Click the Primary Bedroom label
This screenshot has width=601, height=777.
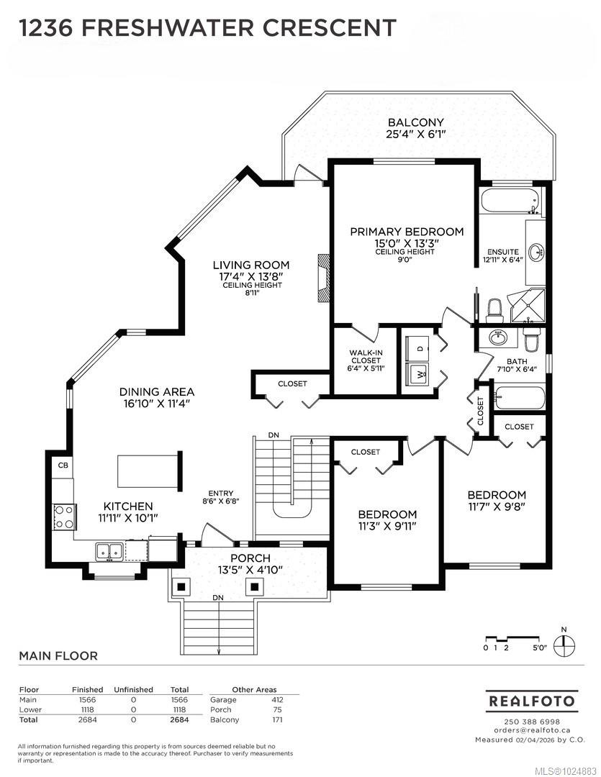click(x=407, y=232)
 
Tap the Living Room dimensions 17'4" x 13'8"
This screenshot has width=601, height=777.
click(x=251, y=276)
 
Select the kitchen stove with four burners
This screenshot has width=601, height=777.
click(x=64, y=517)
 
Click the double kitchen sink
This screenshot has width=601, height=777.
click(x=109, y=551)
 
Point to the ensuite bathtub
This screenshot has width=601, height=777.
click(x=510, y=201)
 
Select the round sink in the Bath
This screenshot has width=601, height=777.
click(x=497, y=338)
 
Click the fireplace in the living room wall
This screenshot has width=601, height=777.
click(x=323, y=278)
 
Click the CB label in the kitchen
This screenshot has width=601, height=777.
click(x=63, y=465)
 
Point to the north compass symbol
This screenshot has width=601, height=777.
click(x=564, y=642)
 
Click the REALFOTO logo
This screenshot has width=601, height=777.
click(x=531, y=701)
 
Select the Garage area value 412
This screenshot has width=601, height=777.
click(x=277, y=700)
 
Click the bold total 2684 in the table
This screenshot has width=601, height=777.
click(x=179, y=719)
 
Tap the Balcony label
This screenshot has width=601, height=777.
click(x=415, y=122)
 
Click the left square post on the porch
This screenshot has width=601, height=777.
click(x=181, y=587)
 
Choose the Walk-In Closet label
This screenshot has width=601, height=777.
click(x=366, y=357)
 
